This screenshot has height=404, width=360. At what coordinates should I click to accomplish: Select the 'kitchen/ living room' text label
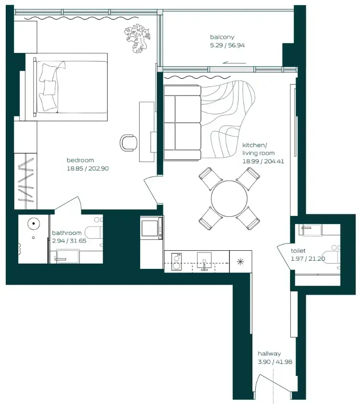(x=258, y=149)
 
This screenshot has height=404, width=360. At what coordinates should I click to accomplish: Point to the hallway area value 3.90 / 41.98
(x=275, y=361)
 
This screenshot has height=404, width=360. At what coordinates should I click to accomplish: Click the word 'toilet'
(x=298, y=251)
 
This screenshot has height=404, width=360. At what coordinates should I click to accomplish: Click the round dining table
(x=229, y=198)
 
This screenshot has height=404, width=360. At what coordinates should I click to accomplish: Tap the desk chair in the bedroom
(x=128, y=142)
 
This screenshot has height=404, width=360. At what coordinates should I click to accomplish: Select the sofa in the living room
(x=183, y=122)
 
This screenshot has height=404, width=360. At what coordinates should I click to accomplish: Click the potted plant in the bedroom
(x=138, y=38)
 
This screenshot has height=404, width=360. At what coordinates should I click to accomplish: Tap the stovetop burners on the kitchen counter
(x=176, y=261)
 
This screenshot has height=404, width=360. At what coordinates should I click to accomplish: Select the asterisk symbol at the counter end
(x=239, y=262)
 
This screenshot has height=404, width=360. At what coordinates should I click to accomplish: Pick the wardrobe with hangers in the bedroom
(x=25, y=181)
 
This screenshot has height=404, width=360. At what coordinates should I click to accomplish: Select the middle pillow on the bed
(x=49, y=88)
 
